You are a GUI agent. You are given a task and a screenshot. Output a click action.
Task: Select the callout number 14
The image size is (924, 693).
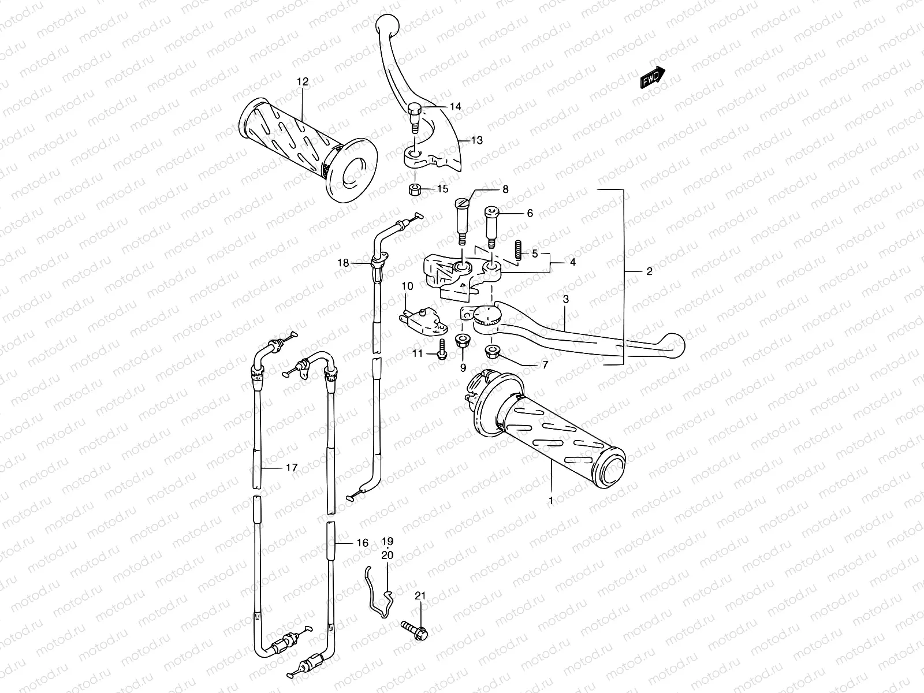[472, 106]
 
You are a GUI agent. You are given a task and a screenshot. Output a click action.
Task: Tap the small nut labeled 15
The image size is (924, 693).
[413, 189]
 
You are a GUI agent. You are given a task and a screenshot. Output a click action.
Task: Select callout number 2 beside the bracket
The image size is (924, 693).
[649, 271]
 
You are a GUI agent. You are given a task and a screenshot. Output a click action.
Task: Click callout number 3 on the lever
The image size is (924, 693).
[566, 299]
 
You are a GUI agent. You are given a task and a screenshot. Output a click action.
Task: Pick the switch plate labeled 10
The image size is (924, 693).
[424, 321]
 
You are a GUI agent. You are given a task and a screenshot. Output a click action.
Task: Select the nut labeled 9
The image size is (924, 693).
[463, 340]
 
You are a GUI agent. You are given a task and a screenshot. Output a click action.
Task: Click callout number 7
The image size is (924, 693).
[544, 364]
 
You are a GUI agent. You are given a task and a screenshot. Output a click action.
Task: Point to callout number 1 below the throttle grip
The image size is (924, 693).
[550, 501]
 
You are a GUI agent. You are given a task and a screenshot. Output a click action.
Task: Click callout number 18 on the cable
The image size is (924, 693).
[344, 263]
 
